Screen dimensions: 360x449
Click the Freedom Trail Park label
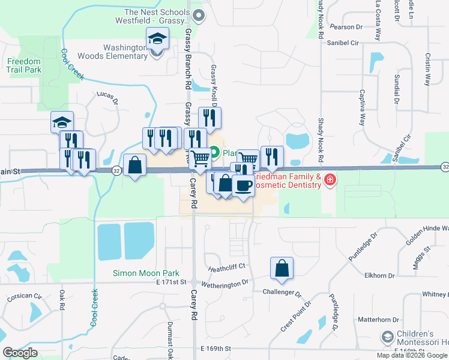coord(24,65)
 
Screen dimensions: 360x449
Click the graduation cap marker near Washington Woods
coord(157,39)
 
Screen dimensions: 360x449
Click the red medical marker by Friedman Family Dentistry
coord(330,179)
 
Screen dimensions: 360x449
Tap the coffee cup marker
coord(243,186)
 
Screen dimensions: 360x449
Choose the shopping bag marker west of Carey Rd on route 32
coord(134,164)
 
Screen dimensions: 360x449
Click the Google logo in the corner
coord(20,353)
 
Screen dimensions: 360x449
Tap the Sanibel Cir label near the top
coord(343,43)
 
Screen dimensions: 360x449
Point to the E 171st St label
coord(172,281)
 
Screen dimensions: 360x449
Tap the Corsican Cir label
coord(25,296)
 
